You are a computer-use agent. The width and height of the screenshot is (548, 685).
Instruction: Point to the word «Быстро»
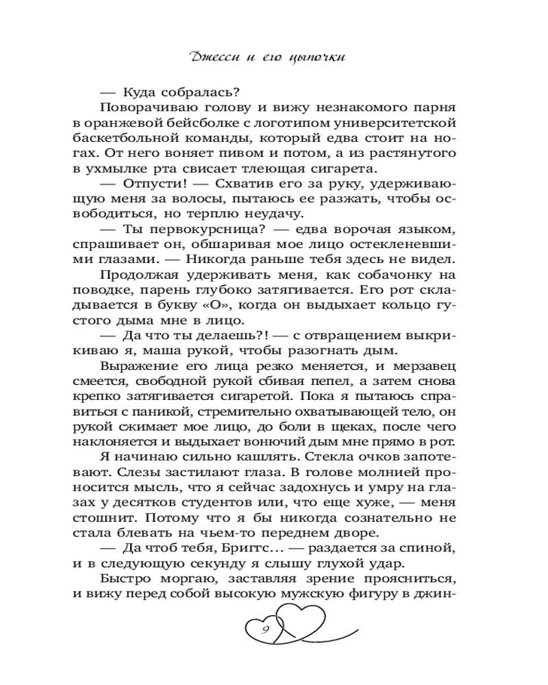121,579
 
